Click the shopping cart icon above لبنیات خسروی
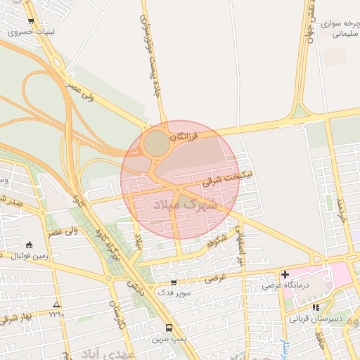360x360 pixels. [x=31, y=22]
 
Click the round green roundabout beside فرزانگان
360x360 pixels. [x=156, y=144]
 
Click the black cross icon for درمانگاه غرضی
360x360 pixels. [x=285, y=274]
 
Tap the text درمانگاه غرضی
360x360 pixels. [x=281, y=285]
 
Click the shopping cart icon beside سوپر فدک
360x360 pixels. [x=174, y=283]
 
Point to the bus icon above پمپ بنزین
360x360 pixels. [x=168, y=328]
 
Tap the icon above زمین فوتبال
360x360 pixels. [x=29, y=245]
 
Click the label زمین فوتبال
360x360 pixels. [x=29, y=255]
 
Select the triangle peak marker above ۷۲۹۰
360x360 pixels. [x=56, y=304]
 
